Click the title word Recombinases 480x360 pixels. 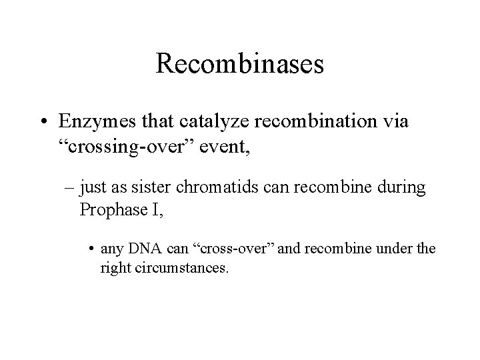(239, 64)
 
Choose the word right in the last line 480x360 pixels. (115, 269)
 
